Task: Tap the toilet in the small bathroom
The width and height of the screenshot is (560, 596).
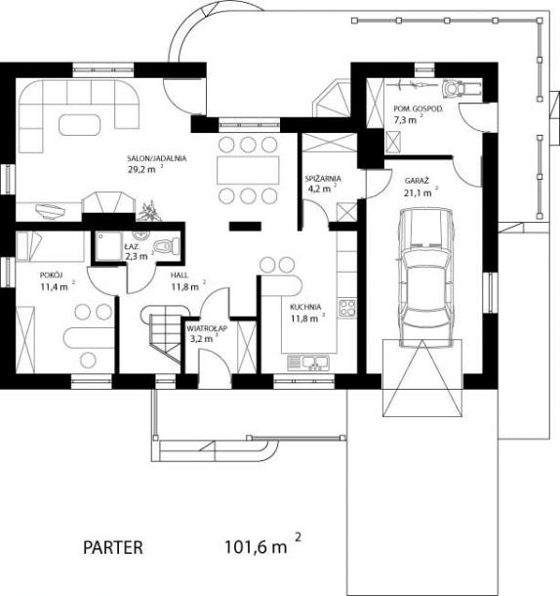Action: [168, 245]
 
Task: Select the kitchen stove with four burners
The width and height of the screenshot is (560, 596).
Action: [347, 309]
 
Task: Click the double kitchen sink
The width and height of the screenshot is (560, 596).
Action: [308, 362]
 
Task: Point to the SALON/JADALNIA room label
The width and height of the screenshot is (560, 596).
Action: [157, 158]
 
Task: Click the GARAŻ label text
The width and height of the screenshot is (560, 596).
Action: [417, 181]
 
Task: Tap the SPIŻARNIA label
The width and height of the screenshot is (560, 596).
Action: [323, 178]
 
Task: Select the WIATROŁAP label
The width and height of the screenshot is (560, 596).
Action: [207, 328]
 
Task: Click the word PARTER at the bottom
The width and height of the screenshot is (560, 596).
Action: [113, 548]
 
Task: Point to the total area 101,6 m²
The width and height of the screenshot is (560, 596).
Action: [263, 545]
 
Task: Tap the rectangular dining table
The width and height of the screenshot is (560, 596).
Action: [248, 170]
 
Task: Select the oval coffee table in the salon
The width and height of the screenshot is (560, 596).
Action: [80, 124]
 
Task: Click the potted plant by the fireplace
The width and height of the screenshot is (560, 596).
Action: [149, 211]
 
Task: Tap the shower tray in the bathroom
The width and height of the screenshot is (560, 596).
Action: [108, 246]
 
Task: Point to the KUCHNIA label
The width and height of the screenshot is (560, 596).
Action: [305, 307]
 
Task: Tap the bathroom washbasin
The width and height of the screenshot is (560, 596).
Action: [140, 234]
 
